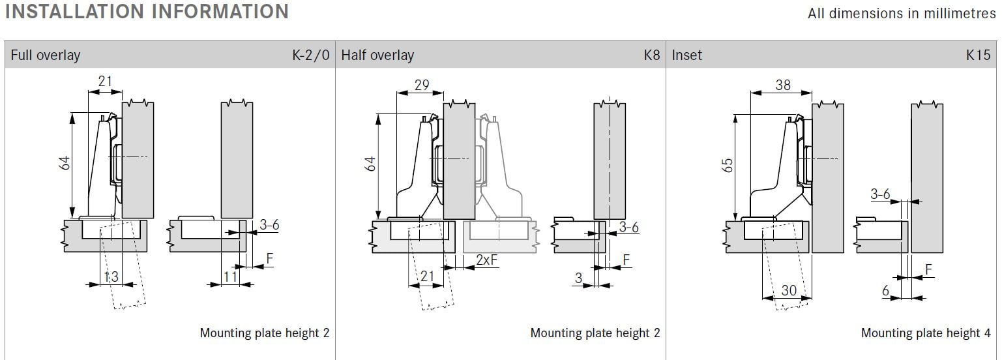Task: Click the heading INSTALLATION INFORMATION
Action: pos(147,11)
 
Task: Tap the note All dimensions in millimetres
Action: pos(902,14)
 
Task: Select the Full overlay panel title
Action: pos(46,55)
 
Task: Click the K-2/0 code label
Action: pos(311,55)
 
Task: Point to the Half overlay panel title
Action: pos(377,55)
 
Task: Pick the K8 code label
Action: pos(652,55)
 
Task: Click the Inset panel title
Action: pos(686,55)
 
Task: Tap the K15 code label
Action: pos(979,55)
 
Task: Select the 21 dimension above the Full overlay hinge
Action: pos(105,81)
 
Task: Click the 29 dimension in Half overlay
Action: pos(421,85)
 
